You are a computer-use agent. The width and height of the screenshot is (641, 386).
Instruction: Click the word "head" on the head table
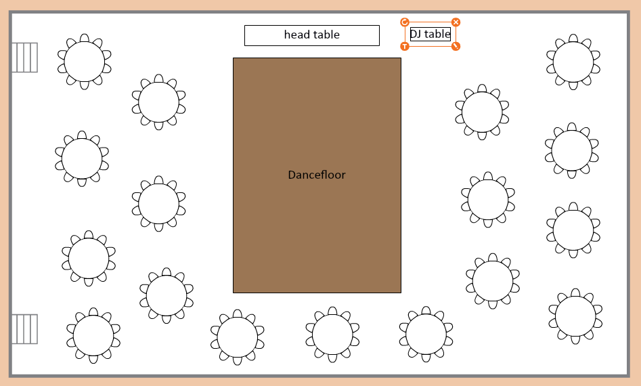(x=296, y=35)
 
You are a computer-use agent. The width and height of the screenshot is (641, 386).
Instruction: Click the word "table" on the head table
(x=326, y=35)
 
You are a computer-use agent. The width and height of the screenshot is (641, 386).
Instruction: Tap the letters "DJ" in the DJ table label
(x=416, y=34)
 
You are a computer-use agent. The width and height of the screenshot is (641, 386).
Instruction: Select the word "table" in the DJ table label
(x=437, y=34)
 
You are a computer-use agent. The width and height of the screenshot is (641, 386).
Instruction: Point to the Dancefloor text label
(x=317, y=175)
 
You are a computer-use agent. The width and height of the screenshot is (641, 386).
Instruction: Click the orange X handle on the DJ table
(x=456, y=22)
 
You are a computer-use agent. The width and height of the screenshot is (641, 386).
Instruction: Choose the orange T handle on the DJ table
(x=405, y=46)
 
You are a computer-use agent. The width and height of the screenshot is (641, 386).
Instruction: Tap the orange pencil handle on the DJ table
(x=456, y=46)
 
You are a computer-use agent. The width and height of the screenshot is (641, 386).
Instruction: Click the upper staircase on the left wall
(x=24, y=58)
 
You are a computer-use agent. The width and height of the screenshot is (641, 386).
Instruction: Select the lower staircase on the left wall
(x=24, y=329)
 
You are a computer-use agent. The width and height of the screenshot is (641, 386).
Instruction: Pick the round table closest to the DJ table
(x=482, y=112)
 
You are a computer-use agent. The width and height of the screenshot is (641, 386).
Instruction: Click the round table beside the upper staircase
(x=85, y=62)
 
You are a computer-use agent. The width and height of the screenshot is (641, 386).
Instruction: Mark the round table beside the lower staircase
(x=93, y=335)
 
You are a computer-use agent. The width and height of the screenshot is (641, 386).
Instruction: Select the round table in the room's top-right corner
(x=573, y=62)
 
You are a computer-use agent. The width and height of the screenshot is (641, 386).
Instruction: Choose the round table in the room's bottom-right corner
(x=575, y=316)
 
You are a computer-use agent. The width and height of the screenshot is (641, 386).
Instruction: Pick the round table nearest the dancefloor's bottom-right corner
(x=426, y=334)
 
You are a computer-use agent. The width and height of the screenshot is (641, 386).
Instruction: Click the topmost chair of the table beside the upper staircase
(x=85, y=38)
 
